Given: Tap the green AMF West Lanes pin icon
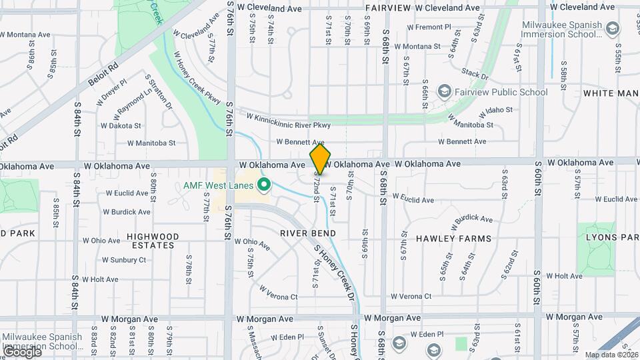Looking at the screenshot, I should click(x=264, y=185).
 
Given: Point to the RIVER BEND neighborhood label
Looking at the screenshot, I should click(x=307, y=233).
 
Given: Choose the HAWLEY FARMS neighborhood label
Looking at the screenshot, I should click(x=453, y=238).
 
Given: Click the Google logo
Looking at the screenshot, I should click(x=21, y=351).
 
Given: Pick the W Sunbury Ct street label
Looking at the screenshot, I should click(x=123, y=259).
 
